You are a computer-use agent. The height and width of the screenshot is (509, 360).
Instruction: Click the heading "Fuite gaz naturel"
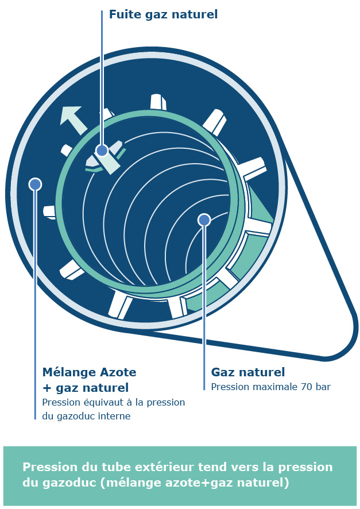point(163,14)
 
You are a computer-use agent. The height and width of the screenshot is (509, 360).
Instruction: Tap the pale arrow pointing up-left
point(74,120)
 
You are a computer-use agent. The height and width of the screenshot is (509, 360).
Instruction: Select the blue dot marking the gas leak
point(102,151)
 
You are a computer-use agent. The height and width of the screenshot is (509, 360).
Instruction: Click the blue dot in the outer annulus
point(35,184)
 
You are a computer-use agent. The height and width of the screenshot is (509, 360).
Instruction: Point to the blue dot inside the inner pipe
point(204,220)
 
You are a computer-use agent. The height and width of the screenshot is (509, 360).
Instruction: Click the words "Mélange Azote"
point(89,372)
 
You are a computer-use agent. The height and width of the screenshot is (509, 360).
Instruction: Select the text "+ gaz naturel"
point(86,388)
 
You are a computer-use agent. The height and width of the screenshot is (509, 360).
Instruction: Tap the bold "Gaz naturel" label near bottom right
point(248,372)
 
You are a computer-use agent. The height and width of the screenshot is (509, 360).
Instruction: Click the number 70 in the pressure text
point(307,387)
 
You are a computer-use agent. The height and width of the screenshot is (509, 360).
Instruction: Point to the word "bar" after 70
point(322,387)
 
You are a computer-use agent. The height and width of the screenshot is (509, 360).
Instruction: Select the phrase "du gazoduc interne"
point(86,416)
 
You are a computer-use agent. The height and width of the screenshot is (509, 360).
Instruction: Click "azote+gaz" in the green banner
point(201,483)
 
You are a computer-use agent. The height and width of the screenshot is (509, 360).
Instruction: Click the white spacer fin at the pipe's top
point(158,102)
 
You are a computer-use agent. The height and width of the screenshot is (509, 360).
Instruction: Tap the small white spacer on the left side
point(50,212)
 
